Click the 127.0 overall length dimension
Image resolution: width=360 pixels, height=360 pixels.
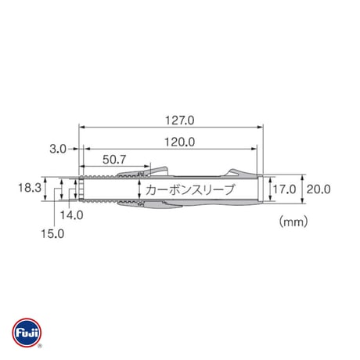[180, 121]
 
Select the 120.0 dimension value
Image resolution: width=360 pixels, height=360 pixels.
[180, 142]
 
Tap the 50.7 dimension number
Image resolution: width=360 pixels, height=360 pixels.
[114, 160]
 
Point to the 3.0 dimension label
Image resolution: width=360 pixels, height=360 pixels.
[58, 149]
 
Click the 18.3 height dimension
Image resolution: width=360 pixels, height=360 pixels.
[30, 188]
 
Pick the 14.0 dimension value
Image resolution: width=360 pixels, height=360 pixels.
[72, 215]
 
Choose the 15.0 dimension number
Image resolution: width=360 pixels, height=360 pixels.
[52, 234]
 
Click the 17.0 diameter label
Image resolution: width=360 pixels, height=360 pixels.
[284, 189]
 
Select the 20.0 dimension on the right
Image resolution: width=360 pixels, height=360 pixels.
[319, 189]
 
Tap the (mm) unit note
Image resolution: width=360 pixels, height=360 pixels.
[293, 221]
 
